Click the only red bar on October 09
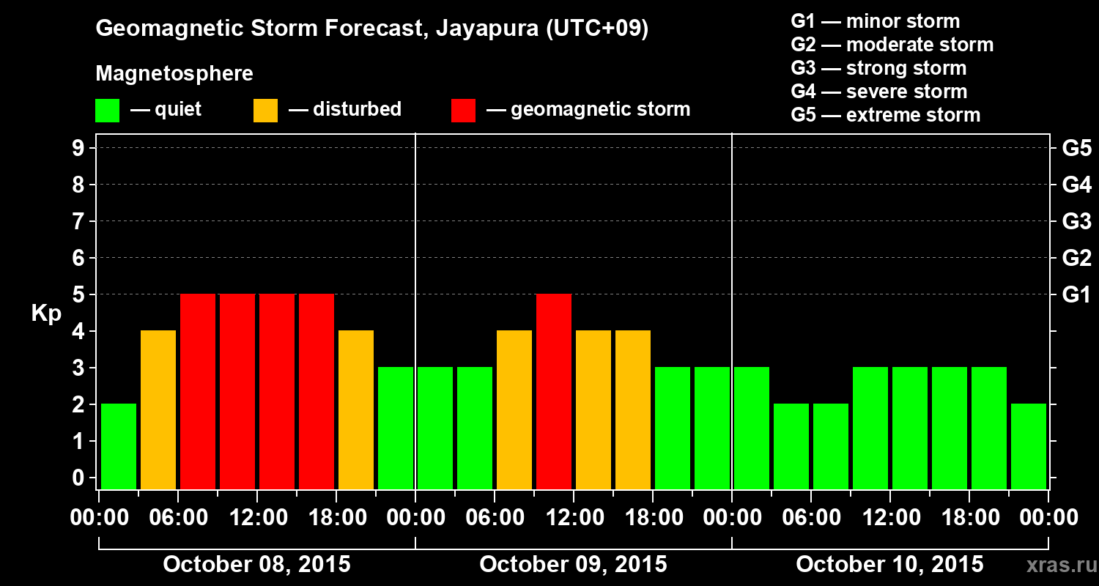(554, 391)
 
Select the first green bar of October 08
(119, 446)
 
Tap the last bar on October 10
(1029, 446)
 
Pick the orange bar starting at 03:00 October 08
(158, 409)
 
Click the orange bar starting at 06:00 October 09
(514, 409)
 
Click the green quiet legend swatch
(107, 111)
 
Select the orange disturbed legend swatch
(265, 111)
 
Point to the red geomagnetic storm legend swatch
(463, 111)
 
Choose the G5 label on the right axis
(1076, 148)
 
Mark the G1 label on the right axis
(1076, 294)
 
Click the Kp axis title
(46, 314)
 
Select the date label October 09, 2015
(573, 565)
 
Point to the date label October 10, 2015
(889, 565)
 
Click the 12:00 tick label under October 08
(257, 518)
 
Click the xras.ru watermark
(1057, 565)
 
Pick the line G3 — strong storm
(878, 68)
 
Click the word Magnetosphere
(174, 74)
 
